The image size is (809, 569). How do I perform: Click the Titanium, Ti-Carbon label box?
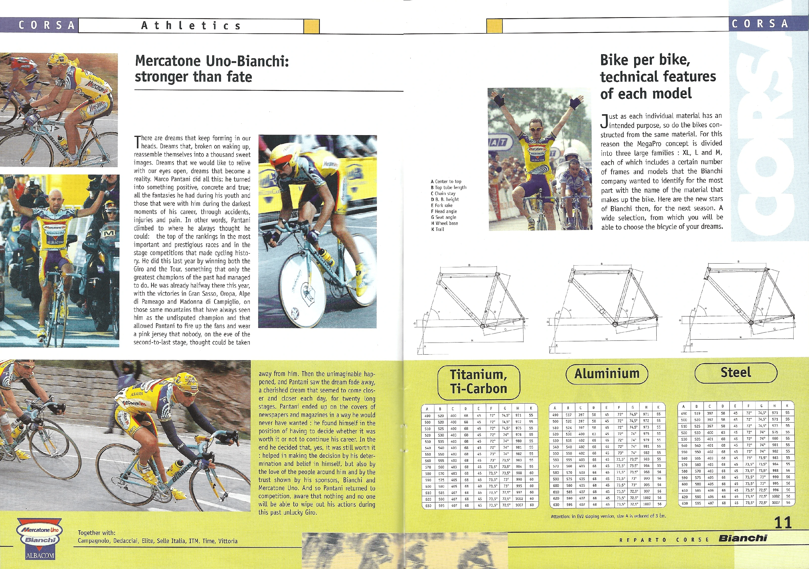(479, 382)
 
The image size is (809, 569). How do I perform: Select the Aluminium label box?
(607, 374)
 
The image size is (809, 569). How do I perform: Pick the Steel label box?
(736, 372)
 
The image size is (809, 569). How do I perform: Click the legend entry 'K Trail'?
(438, 229)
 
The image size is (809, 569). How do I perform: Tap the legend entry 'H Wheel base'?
(445, 223)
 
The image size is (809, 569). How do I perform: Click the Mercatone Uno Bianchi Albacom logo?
(39, 538)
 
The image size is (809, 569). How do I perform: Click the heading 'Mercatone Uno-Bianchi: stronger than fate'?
(211, 69)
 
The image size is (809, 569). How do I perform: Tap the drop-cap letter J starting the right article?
(604, 121)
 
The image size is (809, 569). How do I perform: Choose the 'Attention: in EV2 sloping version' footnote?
(608, 516)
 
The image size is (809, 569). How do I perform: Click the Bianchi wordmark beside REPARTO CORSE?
(743, 538)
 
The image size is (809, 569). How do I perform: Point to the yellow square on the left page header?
(311, 26)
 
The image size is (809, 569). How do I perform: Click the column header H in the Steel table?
(774, 406)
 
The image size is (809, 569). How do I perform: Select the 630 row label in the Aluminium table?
(556, 505)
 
